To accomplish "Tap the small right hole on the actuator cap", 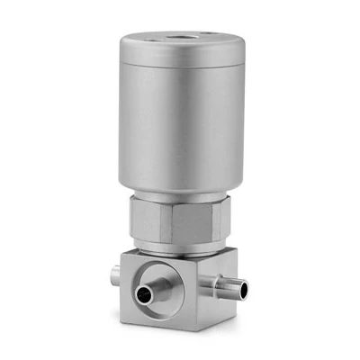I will point(211,37).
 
